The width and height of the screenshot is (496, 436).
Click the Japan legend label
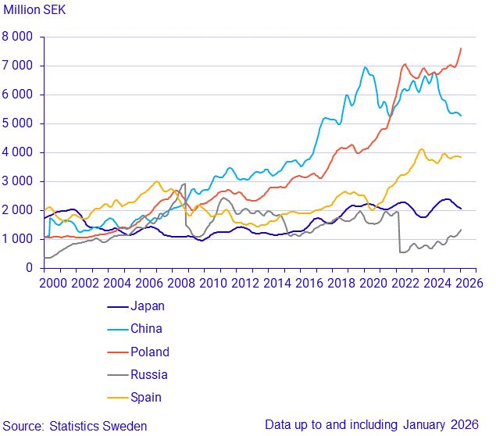pos(148,306)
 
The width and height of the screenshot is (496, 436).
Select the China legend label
pos(147,329)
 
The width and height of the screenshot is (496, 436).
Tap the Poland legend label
pos(150,352)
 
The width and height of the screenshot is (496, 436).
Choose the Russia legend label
pos(149,374)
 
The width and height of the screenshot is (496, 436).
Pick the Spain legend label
pos(147,397)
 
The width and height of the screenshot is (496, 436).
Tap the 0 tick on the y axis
pos(29,268)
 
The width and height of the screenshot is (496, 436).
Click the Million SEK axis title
pos(36,11)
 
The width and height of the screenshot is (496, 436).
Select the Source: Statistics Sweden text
pos(74,426)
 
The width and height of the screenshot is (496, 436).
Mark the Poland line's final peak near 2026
pos(461,48)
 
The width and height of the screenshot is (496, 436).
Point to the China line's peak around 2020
pos(365,67)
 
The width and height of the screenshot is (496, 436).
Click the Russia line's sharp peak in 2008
pos(184,184)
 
